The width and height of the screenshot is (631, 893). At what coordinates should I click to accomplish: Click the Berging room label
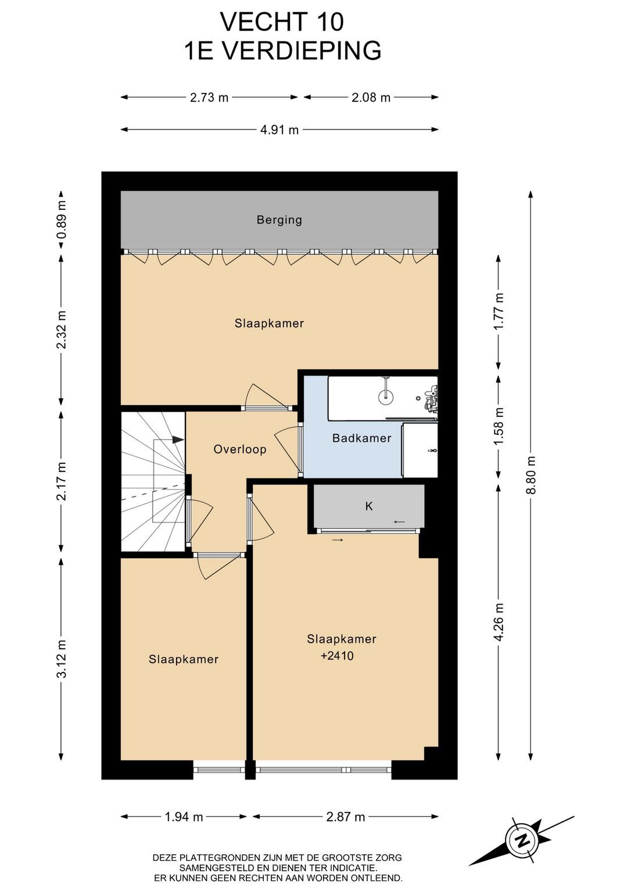coord(279,220)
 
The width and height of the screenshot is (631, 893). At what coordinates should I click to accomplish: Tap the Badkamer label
coord(362,438)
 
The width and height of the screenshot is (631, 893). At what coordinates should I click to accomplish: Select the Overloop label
coord(240,449)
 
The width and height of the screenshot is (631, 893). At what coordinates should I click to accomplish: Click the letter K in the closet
coord(369,506)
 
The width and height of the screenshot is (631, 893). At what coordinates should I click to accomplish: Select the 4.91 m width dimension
coord(279,130)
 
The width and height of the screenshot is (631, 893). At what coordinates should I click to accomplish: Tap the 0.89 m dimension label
coord(62,220)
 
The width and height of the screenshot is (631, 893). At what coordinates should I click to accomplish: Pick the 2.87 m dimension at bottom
coord(345,817)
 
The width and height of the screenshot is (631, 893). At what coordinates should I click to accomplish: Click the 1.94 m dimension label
coord(184,817)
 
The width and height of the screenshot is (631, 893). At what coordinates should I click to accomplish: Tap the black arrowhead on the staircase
coord(178,440)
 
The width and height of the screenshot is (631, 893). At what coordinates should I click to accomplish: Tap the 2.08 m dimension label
coord(371,97)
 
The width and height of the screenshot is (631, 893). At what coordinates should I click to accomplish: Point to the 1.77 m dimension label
coord(499,312)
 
